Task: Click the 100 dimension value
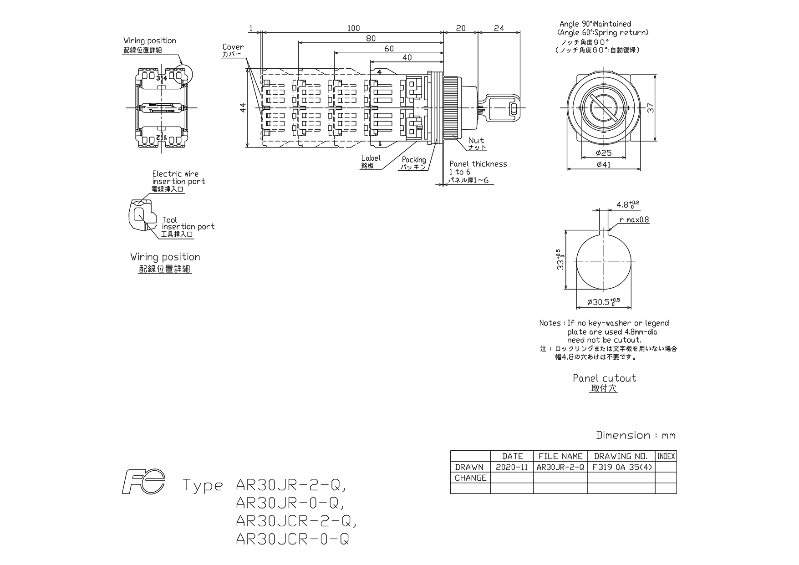click(353, 28)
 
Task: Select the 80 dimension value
click(371, 39)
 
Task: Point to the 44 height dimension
click(243, 108)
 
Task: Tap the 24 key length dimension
click(499, 28)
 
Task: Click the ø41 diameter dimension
click(604, 164)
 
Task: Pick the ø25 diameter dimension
click(604, 153)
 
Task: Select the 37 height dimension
click(651, 108)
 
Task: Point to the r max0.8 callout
click(634, 220)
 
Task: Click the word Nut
click(476, 141)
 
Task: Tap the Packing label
click(414, 160)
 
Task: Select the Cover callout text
click(233, 47)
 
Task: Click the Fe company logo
click(143, 482)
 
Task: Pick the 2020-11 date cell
click(512, 467)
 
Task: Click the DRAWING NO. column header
click(621, 456)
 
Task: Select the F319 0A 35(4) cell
click(622, 467)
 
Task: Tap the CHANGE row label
click(470, 478)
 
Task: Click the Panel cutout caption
click(604, 378)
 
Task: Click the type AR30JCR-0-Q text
click(292, 540)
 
